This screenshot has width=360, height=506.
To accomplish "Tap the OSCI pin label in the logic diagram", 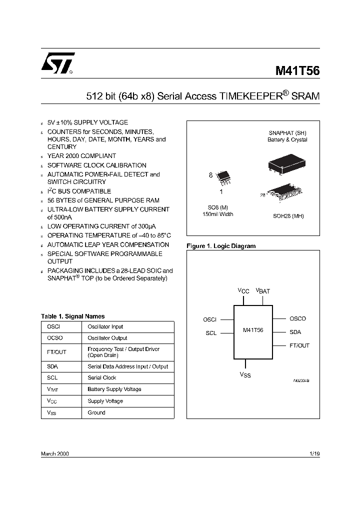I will pyautogui.click(x=209, y=319).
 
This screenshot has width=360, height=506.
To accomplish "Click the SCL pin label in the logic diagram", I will pyautogui.click(x=211, y=333).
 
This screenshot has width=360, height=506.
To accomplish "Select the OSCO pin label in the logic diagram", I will pyautogui.click(x=297, y=318).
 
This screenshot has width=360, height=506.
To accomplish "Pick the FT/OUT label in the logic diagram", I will pyautogui.click(x=299, y=345).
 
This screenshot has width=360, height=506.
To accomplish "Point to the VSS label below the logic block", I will pyautogui.click(x=245, y=374).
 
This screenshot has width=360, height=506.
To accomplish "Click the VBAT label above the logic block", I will pyautogui.click(x=263, y=290).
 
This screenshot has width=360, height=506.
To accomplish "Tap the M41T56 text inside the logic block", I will pyautogui.click(x=253, y=330).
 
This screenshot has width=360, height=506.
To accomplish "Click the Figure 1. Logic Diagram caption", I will pyautogui.click(x=221, y=246).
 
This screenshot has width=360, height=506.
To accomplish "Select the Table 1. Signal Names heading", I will pyautogui.click(x=73, y=316).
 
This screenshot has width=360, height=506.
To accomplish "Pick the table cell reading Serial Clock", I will pyautogui.click(x=102, y=377).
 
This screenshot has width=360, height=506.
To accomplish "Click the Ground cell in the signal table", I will pyautogui.click(x=96, y=412).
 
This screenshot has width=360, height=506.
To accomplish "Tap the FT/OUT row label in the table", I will pyautogui.click(x=56, y=352).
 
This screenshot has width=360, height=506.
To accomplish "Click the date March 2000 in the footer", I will pyautogui.click(x=55, y=453).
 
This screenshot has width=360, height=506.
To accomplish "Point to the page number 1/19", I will pyautogui.click(x=314, y=453).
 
